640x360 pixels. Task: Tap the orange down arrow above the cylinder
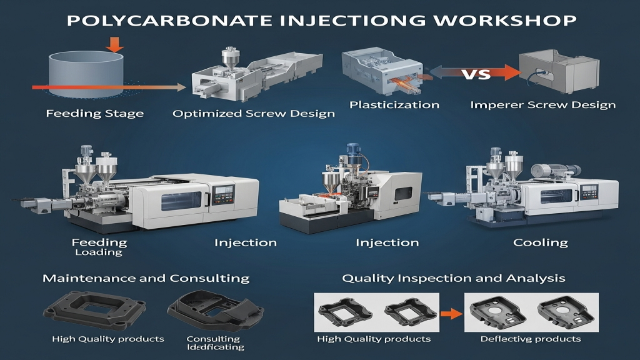(115, 44)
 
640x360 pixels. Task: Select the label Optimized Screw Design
(254, 114)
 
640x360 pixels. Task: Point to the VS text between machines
(476, 74)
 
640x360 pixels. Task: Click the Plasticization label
(394, 105)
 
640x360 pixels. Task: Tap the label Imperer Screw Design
(543, 105)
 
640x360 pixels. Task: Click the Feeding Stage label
(95, 114)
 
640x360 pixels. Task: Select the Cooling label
(541, 242)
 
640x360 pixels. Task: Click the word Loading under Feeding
(99, 252)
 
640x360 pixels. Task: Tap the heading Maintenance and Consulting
(146, 278)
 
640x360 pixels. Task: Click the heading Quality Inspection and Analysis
(454, 278)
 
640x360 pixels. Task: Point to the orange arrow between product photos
(452, 314)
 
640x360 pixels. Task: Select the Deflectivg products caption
(530, 339)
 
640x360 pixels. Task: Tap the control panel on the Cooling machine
(589, 192)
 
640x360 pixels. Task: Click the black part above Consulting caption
(216, 311)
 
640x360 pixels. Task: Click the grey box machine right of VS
(559, 71)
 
